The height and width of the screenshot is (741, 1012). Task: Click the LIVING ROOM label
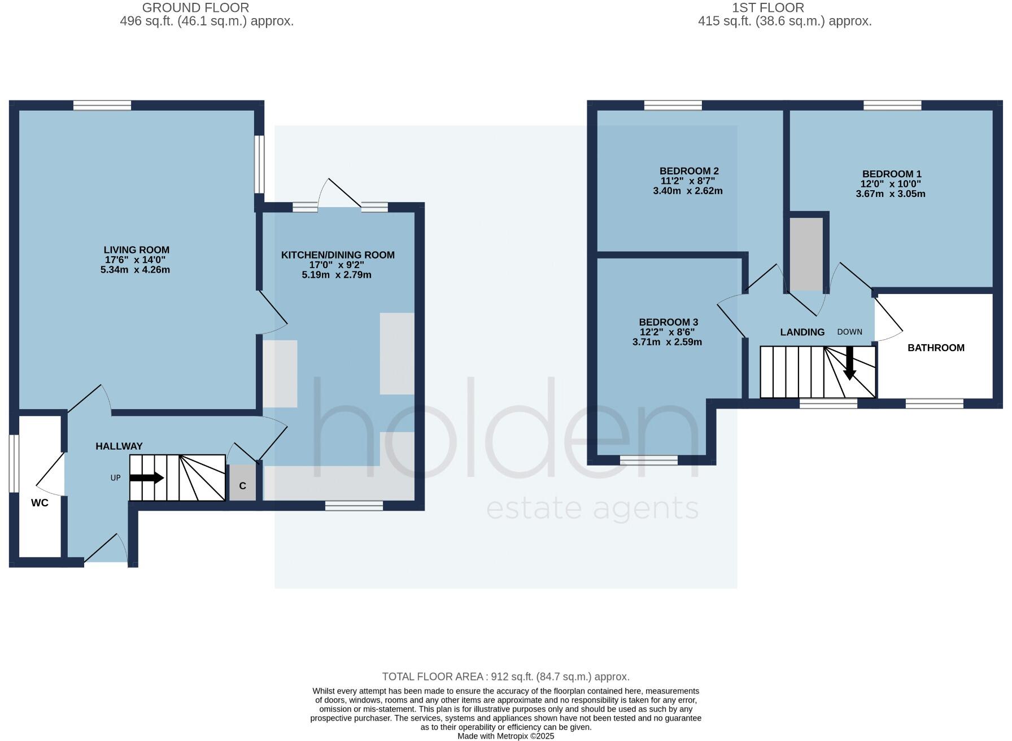tap(136, 250)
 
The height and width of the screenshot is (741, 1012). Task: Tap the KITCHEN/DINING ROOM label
tap(338, 255)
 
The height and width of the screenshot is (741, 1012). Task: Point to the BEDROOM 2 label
tap(688, 171)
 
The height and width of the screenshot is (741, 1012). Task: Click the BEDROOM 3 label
tap(667, 322)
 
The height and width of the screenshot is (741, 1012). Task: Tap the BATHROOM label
tap(935, 348)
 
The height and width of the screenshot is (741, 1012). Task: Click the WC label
tap(40, 503)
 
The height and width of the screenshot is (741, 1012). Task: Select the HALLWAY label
tap(119, 446)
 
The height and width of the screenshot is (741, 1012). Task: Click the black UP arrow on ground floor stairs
tap(147, 478)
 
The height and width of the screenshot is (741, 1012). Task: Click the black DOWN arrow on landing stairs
tap(849, 364)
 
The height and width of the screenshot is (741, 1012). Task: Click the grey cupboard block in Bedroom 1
tap(806, 254)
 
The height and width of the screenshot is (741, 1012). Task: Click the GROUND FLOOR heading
tap(195, 8)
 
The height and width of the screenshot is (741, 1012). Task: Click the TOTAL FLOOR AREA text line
tap(505, 676)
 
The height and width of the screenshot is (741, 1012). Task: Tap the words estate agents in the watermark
tap(592, 509)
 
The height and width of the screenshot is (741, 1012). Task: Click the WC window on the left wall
tap(14, 463)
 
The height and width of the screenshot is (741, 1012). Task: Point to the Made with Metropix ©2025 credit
tap(505, 736)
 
